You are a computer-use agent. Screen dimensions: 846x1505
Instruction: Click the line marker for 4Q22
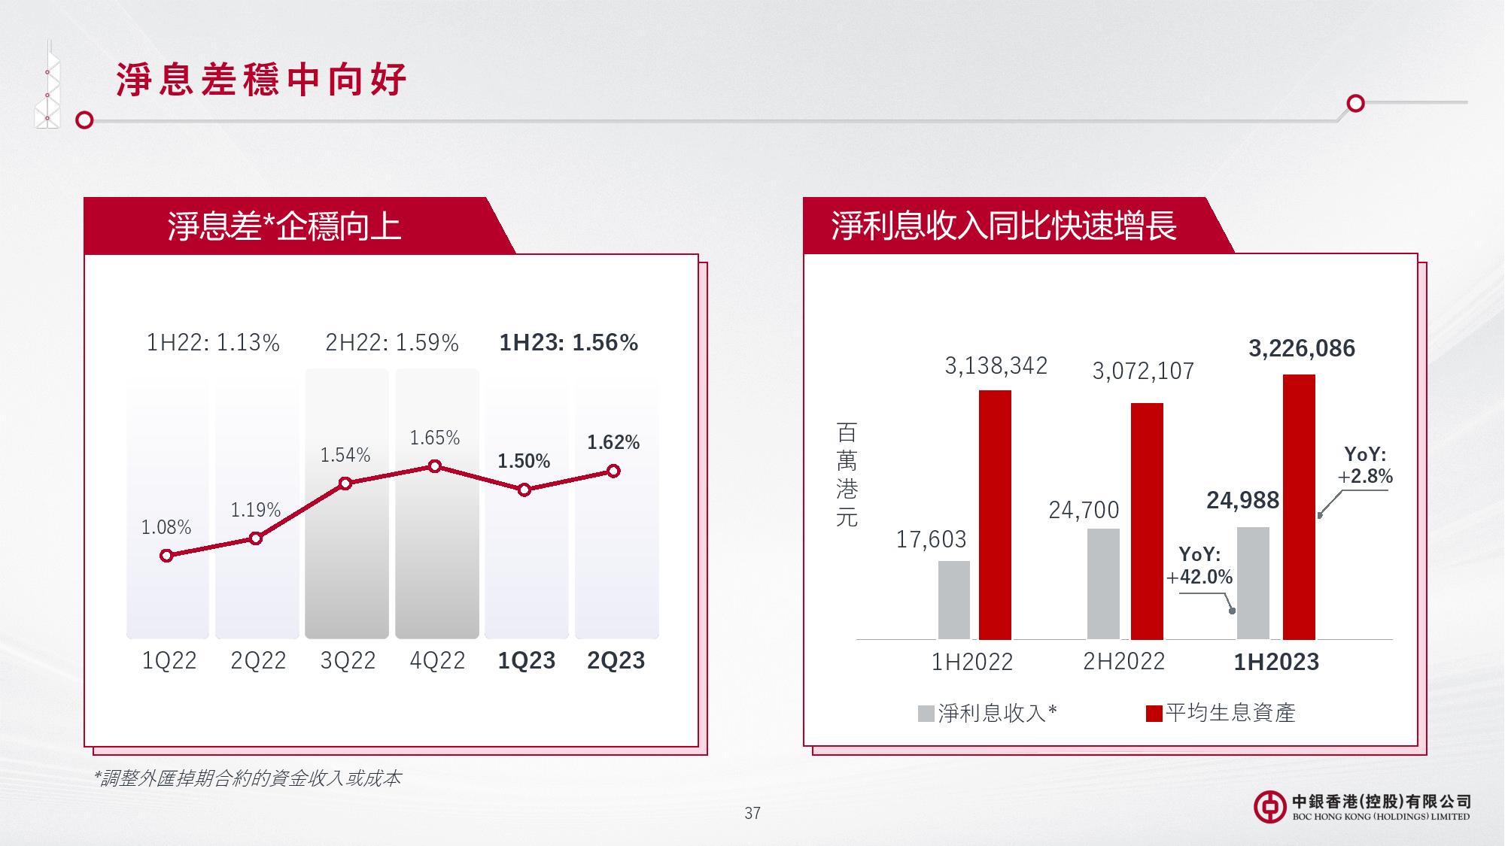pos(434,466)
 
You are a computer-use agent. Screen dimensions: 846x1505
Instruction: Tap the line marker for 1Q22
pos(166,556)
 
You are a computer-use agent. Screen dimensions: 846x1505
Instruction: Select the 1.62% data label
pos(613,442)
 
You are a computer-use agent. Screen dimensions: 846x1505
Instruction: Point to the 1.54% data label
pos(345,455)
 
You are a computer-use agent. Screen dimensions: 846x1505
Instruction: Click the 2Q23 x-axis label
pos(616,660)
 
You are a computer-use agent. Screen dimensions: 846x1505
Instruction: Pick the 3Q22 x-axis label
pos(348,660)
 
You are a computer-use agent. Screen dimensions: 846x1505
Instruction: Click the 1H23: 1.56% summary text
pos(569,343)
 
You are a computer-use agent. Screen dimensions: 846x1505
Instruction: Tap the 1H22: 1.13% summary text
pos(213,343)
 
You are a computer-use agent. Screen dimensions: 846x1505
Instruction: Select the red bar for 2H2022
pos(1147,521)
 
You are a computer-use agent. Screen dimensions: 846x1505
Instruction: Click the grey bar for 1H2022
pos(954,600)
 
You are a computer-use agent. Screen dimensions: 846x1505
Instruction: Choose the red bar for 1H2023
pos(1299,507)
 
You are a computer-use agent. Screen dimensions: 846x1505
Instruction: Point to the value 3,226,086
pos(1302,348)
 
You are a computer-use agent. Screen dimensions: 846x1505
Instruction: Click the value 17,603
pos(931,539)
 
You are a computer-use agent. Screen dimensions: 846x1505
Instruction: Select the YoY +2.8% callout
pos(1365,465)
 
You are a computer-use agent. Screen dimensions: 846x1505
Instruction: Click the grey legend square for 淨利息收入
pos(926,714)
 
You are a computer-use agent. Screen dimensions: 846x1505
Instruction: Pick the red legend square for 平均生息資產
pos(1154,714)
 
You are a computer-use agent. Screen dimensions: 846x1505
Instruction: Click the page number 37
pos(752,813)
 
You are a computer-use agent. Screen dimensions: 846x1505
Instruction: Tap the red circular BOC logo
pos(1270,807)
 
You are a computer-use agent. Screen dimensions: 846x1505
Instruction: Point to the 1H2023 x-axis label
pos(1276,662)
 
